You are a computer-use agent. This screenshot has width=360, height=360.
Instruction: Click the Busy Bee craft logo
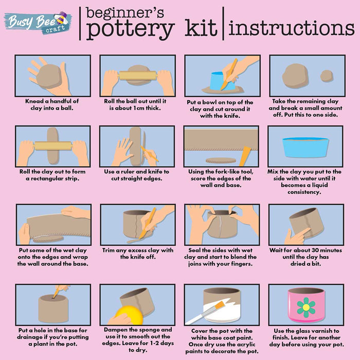(x=38, y=23)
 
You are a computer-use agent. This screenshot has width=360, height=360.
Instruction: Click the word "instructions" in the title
(x=292, y=28)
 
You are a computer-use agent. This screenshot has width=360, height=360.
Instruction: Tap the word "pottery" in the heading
(x=130, y=29)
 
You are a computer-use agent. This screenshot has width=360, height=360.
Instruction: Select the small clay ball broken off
(x=327, y=76)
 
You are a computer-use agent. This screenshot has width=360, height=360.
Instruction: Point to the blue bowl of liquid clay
(x=305, y=147)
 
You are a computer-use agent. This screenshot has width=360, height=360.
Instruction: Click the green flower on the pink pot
(x=306, y=307)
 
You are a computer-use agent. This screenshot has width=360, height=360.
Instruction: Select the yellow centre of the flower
(x=306, y=307)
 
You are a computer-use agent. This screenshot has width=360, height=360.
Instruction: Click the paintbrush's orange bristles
(x=220, y=305)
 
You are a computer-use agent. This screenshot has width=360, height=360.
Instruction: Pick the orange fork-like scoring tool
(x=245, y=156)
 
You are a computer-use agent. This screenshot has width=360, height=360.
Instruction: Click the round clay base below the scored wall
(x=221, y=160)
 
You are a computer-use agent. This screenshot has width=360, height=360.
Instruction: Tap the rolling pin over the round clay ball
(x=138, y=76)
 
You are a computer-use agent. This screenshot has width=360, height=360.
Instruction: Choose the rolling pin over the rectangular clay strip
(x=53, y=146)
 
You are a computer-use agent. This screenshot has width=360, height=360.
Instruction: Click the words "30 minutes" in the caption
(x=323, y=250)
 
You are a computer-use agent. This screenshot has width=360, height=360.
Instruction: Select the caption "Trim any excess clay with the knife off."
(x=138, y=254)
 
